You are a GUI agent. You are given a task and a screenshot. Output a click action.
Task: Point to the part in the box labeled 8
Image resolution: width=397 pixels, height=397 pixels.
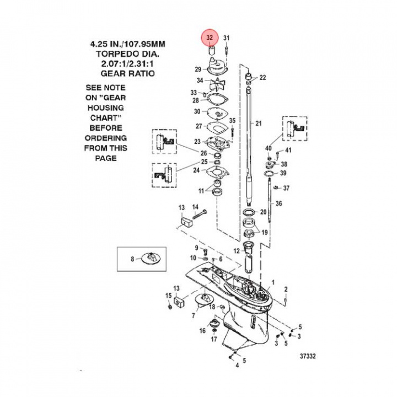tap(150, 258)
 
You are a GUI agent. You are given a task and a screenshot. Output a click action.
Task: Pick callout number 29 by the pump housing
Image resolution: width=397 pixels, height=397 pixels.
tap(197, 69)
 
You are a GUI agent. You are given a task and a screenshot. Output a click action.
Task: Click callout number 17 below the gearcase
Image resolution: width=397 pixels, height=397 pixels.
tap(214, 338)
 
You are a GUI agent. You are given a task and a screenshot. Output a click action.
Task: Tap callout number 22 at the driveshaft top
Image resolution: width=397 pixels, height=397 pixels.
tap(262, 78)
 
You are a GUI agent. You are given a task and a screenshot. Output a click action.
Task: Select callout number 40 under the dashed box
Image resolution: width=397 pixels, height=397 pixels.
tap(268, 148)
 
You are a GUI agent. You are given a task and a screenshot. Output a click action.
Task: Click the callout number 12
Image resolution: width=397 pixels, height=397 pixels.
tap(236, 251)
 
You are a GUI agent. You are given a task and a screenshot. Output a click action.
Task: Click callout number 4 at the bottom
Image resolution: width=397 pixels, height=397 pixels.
tap(237, 365)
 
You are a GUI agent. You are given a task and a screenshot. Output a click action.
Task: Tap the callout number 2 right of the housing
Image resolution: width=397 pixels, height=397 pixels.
tap(286, 289)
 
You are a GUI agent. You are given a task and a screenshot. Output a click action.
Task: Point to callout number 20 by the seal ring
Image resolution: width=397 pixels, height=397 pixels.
tap(263, 212)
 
